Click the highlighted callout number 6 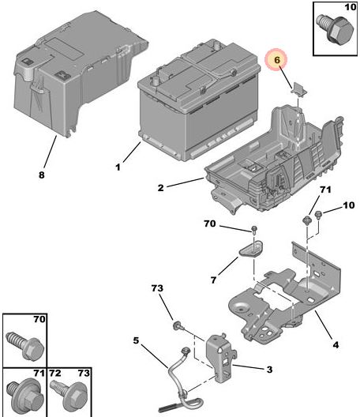[x=277, y=61]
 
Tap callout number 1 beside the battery [x=118, y=167]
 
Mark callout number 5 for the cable [x=136, y=341]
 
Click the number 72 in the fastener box [x=55, y=371]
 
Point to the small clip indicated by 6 [x=298, y=88]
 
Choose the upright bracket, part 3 [x=220, y=355]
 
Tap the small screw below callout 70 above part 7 [x=254, y=230]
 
